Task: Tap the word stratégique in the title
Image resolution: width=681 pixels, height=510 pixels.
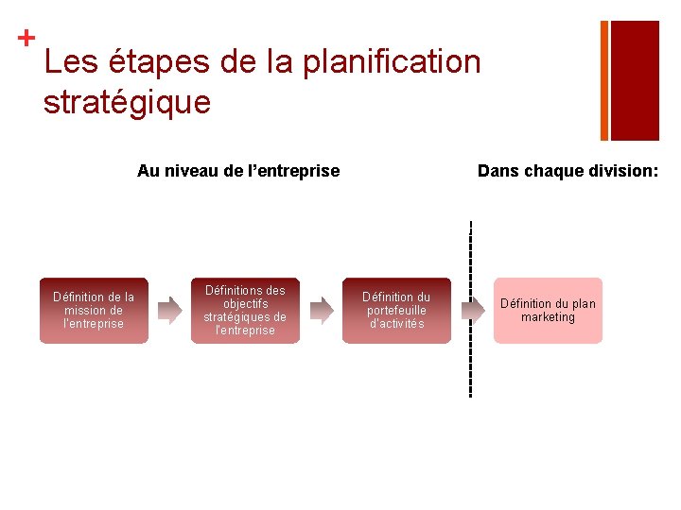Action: click(127, 102)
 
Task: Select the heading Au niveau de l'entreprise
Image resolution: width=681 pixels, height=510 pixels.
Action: click(238, 171)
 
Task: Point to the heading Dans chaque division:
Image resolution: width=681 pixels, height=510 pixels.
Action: click(567, 171)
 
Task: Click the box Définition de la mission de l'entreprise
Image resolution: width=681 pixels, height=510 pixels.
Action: click(94, 311)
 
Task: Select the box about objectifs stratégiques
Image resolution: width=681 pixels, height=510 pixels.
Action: click(245, 311)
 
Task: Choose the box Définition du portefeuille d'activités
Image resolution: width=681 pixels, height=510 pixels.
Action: click(396, 311)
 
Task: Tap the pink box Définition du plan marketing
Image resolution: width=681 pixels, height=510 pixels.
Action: click(548, 311)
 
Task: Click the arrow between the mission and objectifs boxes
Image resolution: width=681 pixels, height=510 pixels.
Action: click(169, 310)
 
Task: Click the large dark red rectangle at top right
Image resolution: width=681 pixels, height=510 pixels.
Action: click(635, 80)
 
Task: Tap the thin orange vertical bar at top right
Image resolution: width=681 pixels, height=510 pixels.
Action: click(604, 80)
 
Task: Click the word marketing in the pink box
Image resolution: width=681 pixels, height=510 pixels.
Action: click(548, 317)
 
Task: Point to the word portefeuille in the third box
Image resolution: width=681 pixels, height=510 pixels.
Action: click(396, 311)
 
